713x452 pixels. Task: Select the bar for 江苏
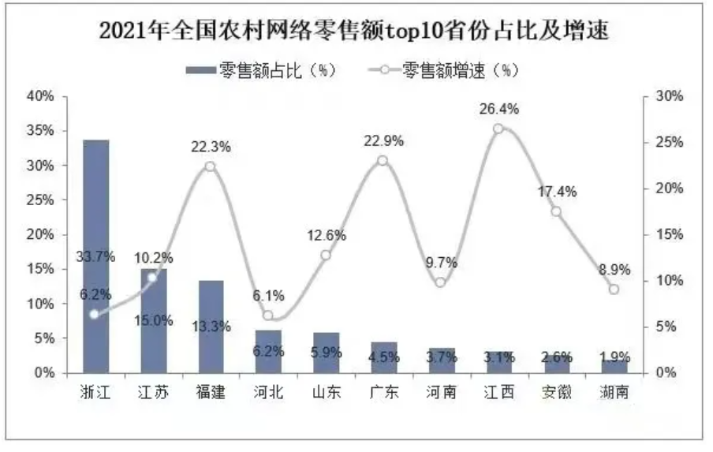click(153, 320)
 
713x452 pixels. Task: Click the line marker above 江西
click(498, 129)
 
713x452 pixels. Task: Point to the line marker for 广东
click(383, 161)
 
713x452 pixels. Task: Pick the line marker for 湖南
click(614, 290)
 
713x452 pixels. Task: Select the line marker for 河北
click(267, 316)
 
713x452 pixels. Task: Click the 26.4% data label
click(498, 109)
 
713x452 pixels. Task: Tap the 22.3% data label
click(211, 147)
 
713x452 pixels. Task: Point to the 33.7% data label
click(95, 256)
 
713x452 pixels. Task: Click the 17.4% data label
click(557, 192)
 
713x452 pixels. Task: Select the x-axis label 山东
click(326, 391)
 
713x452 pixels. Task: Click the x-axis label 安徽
click(556, 391)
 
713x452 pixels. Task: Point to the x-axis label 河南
click(441, 391)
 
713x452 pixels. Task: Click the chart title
click(356, 32)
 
